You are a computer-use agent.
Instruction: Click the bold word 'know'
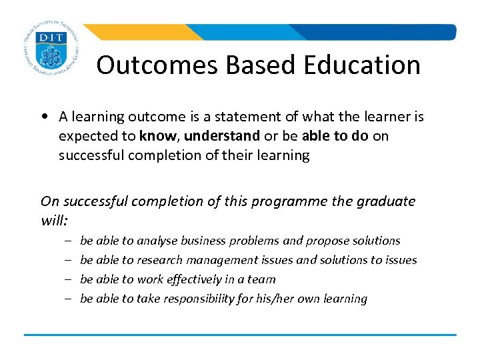[159, 136]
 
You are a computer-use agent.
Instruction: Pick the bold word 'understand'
[221, 136]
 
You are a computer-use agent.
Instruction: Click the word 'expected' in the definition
[84, 136]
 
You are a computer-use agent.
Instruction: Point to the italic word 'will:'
[54, 220]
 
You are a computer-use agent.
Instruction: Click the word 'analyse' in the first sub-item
[159, 241]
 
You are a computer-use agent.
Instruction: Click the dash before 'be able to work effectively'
[68, 279]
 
